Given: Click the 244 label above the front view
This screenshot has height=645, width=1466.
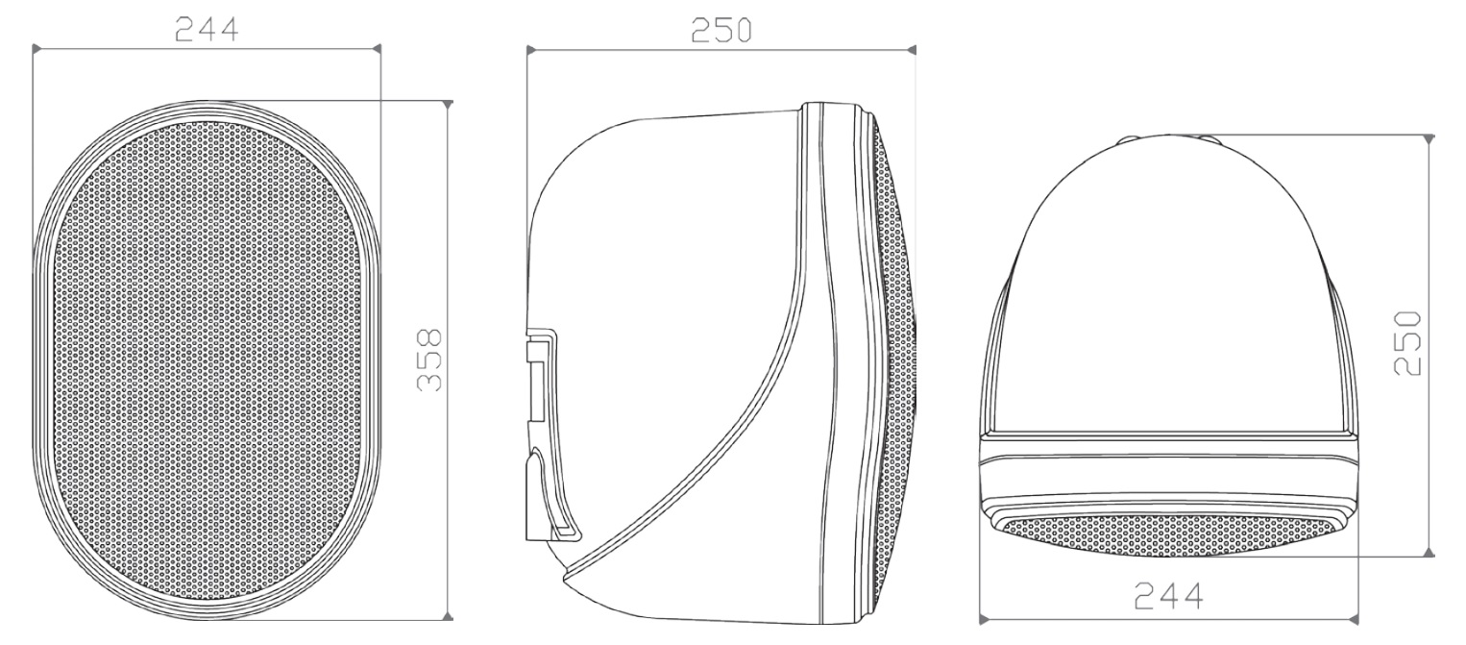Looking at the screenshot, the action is [207, 30].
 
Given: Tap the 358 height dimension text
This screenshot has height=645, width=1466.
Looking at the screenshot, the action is [430, 360].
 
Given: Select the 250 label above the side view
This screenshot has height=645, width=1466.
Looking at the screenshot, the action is [721, 30].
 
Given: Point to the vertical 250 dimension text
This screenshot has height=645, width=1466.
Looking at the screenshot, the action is [1407, 343].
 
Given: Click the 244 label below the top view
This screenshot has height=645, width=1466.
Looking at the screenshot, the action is [1168, 596].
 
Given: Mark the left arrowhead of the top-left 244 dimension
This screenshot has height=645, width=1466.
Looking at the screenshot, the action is [37, 48].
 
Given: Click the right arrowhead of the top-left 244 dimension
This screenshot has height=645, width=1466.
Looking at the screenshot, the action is [377, 48].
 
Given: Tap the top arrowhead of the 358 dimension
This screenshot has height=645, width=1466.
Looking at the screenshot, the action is [448, 105].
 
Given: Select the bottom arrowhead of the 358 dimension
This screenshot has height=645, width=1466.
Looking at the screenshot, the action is [448, 616].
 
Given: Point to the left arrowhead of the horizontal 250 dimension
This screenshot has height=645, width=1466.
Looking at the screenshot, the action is [531, 50].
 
